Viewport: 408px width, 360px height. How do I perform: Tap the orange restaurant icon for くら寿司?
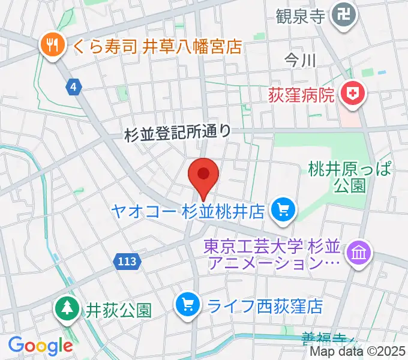click(52, 44)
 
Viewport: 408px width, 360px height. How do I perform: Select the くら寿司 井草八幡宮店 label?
click(158, 46)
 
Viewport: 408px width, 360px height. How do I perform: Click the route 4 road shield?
click(73, 88)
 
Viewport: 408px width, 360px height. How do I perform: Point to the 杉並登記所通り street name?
click(178, 133)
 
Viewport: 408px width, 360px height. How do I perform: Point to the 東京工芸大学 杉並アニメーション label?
click(272, 254)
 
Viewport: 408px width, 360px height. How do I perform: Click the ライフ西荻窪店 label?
click(265, 307)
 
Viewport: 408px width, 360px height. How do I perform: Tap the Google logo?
click(40, 345)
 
